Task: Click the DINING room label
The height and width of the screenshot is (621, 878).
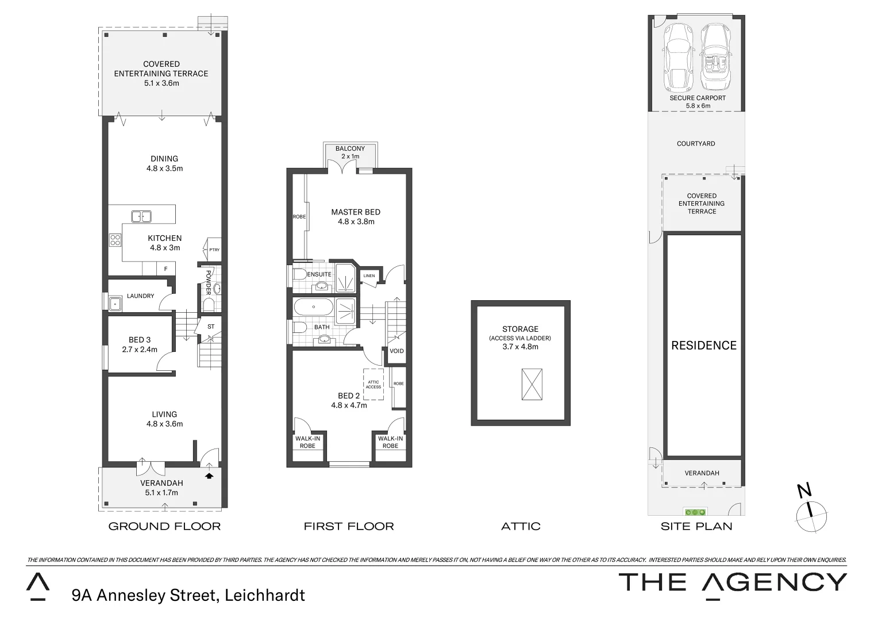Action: pos(164,159)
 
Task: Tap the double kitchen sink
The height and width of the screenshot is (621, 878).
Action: pos(141,217)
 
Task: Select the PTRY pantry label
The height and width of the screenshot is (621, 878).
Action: pos(214,250)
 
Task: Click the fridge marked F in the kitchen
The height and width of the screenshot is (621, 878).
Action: pos(166,269)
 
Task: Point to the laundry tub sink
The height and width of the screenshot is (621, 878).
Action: pos(115,303)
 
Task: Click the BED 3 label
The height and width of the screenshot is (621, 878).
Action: pos(140,340)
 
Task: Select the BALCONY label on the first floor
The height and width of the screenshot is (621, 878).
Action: pos(350,148)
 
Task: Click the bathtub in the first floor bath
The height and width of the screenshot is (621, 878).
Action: pos(313,307)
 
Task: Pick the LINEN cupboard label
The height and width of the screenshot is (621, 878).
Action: pos(369,276)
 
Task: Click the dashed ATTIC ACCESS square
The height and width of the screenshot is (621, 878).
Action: pos(373,384)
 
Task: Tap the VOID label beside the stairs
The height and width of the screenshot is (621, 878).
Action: pos(396,351)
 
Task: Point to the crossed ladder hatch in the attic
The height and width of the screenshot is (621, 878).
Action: pos(531,384)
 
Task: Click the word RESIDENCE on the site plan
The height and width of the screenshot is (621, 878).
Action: pos(704,345)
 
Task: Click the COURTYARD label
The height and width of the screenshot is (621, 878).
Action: pos(696,144)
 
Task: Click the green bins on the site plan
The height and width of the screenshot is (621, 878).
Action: pos(695,511)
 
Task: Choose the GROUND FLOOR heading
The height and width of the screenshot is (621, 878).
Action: pos(164,526)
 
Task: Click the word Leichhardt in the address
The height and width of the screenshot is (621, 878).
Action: pos(265,595)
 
